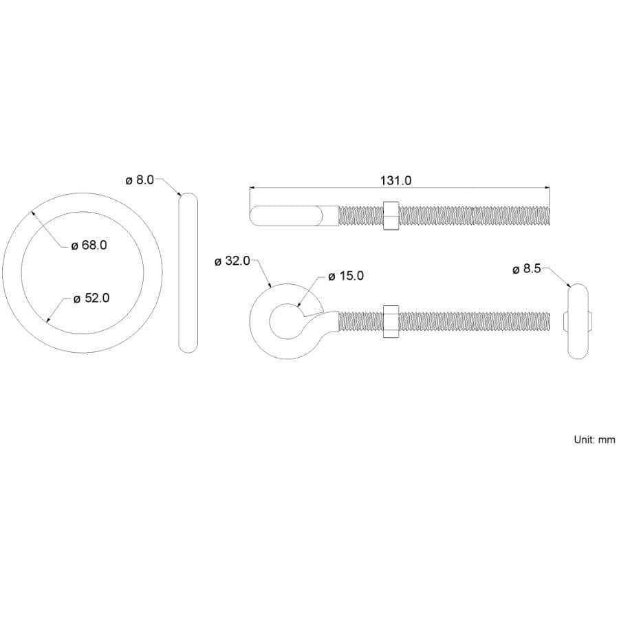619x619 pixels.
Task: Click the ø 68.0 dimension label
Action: pyautogui.click(x=89, y=245)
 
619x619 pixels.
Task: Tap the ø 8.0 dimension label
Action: pyautogui.click(x=140, y=180)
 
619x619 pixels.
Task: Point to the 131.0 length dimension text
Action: pyautogui.click(x=395, y=181)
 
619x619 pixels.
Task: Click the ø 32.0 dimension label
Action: pyautogui.click(x=232, y=261)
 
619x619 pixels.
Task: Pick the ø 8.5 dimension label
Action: pyautogui.click(x=527, y=269)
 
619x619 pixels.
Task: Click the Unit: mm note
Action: pyautogui.click(x=594, y=439)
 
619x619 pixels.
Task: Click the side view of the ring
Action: pyautogui.click(x=188, y=273)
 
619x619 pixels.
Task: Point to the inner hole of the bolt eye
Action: pyautogui.click(x=284, y=321)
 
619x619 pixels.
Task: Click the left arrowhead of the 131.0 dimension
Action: pyautogui.click(x=252, y=187)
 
